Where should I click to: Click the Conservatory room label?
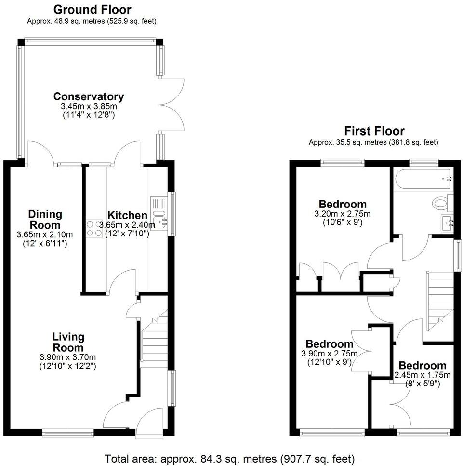(89, 96)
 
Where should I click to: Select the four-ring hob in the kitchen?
(94, 228)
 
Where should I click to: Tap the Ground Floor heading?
(92, 10)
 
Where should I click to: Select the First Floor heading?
(374, 131)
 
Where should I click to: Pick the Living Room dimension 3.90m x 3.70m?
(68, 357)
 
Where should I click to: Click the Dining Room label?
(44, 219)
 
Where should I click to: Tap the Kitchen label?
(127, 215)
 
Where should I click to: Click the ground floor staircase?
(154, 338)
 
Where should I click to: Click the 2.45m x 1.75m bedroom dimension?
(422, 375)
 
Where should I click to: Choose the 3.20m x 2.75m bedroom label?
(343, 204)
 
